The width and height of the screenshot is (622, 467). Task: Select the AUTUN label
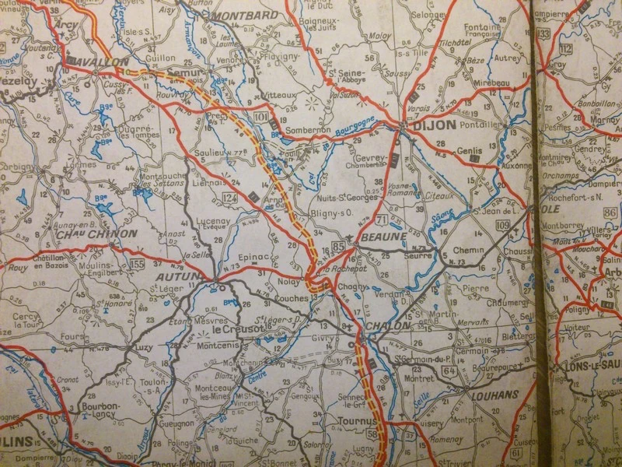(178, 276)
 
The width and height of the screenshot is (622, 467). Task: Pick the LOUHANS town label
(494, 395)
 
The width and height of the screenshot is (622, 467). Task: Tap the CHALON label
(387, 325)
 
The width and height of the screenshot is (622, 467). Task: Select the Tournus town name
(358, 420)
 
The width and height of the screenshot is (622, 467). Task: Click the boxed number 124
(230, 198)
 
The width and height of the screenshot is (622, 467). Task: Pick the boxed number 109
(502, 226)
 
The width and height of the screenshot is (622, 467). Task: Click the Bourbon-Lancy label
(96, 410)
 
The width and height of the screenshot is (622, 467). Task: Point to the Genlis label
(480, 148)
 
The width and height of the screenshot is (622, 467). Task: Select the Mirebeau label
(488, 81)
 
